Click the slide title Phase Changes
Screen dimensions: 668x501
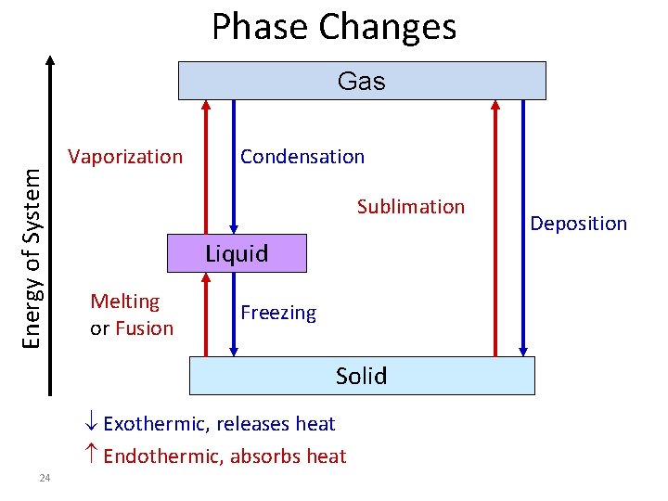(334, 28)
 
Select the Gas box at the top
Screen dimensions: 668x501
(362, 81)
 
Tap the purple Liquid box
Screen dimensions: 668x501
(236, 253)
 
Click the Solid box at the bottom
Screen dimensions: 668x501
(362, 376)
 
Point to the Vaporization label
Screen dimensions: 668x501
(125, 157)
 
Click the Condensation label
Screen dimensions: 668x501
(302, 157)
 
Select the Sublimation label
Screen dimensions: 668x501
(411, 207)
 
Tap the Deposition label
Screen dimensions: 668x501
(578, 224)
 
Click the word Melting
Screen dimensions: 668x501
(125, 302)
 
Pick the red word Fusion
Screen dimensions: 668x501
(144, 328)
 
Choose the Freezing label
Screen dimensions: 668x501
(278, 314)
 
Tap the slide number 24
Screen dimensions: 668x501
(45, 478)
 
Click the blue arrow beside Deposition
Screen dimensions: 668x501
(524, 227)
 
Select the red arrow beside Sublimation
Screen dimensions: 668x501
(495, 227)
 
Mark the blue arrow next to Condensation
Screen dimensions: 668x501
(234, 167)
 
